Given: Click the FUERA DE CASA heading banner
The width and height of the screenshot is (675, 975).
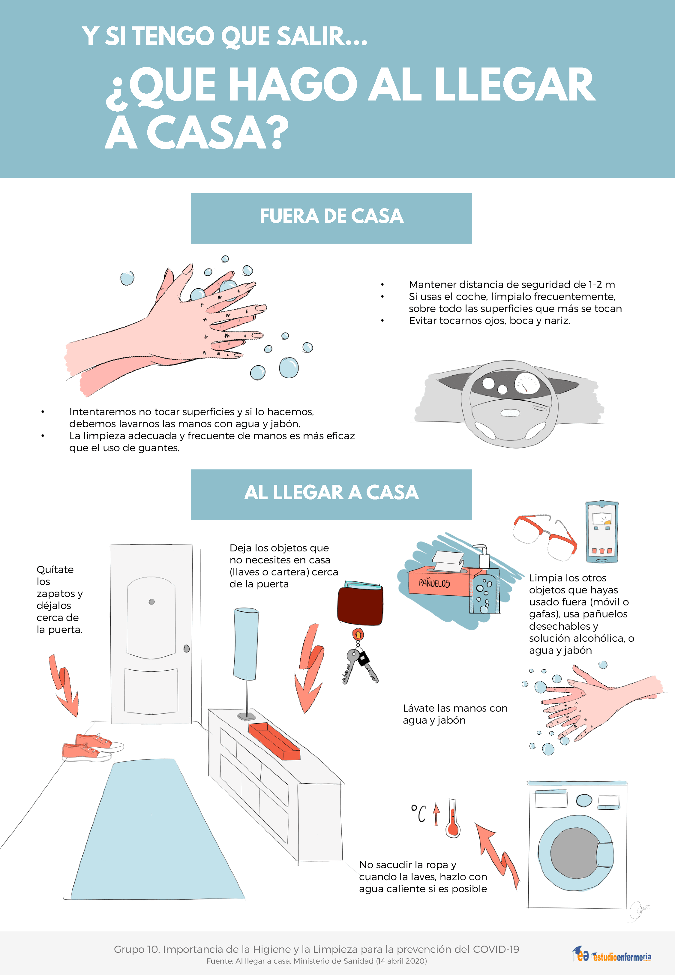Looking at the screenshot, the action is point(331,218).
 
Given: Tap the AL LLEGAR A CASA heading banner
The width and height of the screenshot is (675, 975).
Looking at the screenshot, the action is point(331,494).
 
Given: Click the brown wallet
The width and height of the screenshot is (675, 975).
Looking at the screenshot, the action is point(360,603).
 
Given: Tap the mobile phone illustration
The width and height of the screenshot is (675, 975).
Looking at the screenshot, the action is point(601,532).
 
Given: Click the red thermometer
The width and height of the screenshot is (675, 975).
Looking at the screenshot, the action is point(452,818).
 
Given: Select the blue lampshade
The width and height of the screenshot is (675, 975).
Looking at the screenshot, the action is point(246,643).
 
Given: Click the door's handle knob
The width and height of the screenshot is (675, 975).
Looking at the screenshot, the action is point(187,649).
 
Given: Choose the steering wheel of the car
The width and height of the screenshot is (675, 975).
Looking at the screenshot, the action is point(510,404).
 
